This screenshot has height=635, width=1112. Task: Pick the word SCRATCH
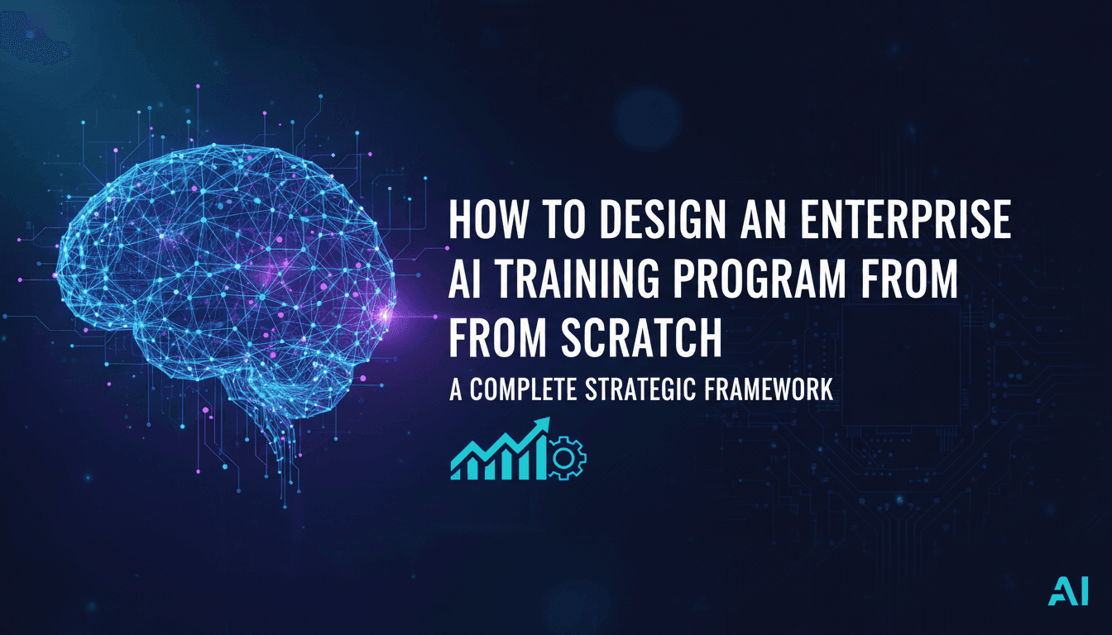coord(640,338)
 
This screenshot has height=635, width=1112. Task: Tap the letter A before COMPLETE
coord(456,390)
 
